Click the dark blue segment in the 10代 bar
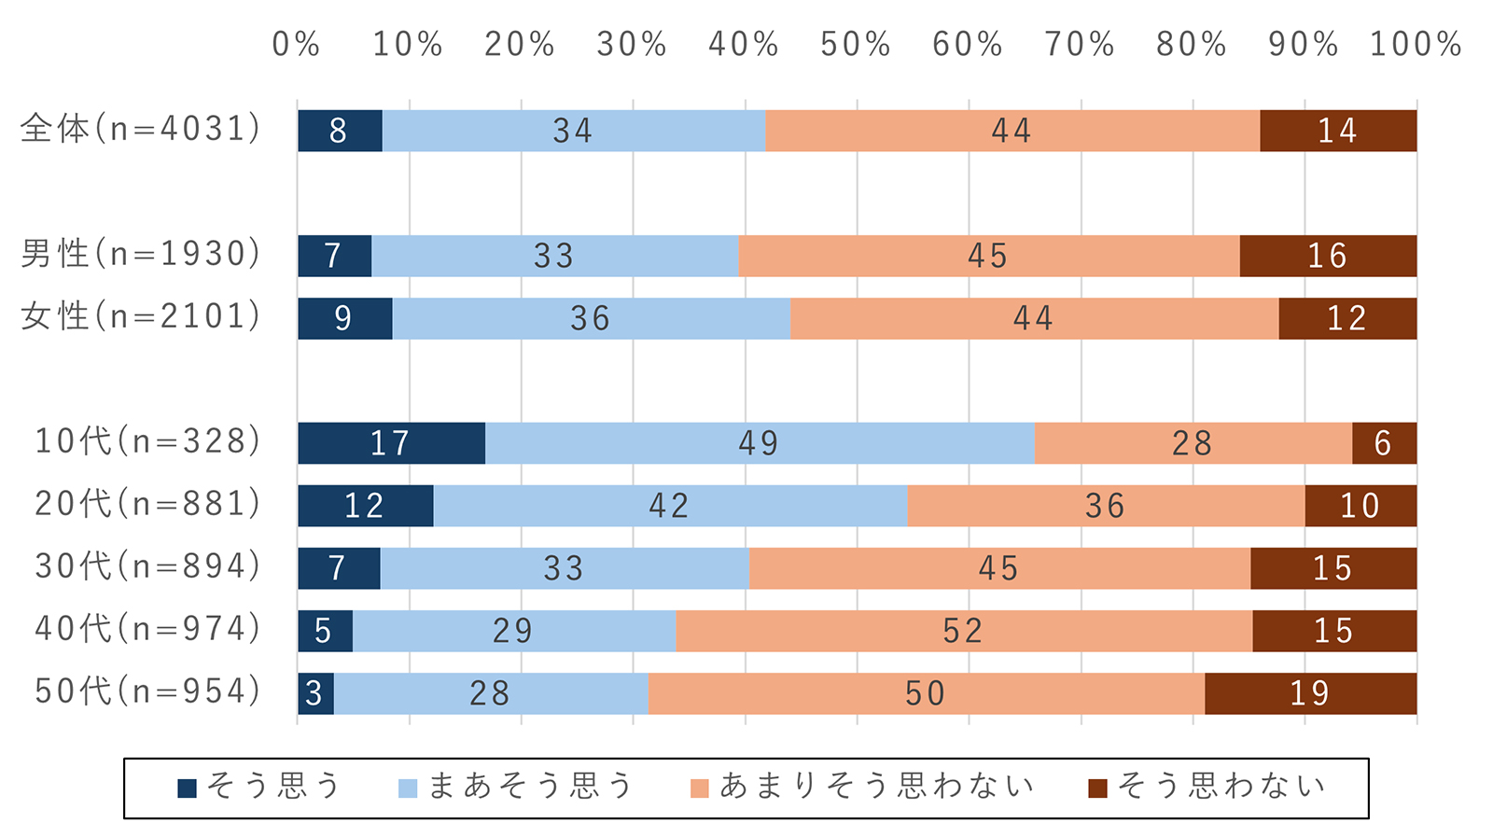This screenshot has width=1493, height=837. [391, 443]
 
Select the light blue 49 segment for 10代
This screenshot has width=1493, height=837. [759, 443]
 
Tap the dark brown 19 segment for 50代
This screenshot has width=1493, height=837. [1310, 693]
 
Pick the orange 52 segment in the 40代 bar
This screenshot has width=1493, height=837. [963, 631]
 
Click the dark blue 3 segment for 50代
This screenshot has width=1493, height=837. [315, 693]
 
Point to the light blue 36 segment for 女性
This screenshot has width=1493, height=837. [591, 318]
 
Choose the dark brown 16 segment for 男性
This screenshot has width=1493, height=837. [1327, 256]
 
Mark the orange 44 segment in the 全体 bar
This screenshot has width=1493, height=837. [1012, 131]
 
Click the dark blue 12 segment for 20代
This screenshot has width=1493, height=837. [365, 506]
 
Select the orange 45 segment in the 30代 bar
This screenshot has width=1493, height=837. [998, 568]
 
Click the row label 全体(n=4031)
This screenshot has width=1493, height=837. [141, 129]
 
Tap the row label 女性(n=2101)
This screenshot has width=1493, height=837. [141, 316]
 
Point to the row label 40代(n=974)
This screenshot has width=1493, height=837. [147, 629]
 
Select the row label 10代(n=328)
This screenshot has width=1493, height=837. [147, 441]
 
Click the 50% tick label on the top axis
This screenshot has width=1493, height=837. [855, 45]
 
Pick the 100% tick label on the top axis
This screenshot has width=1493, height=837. [1416, 45]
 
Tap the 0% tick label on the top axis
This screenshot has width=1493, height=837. [297, 45]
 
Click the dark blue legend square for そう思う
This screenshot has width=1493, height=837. [188, 788]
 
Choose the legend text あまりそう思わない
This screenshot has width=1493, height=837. [877, 787]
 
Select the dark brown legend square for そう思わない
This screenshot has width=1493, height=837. [1098, 788]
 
